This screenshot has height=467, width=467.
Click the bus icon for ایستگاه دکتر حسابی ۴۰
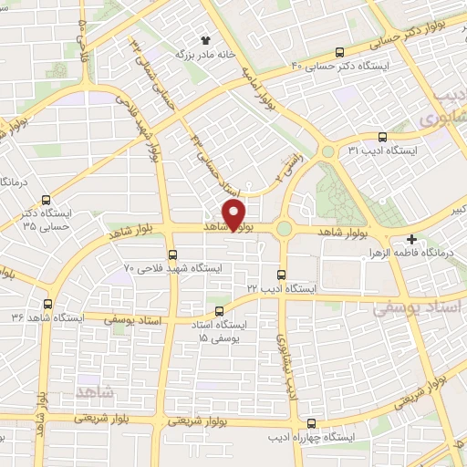[x=340, y=52]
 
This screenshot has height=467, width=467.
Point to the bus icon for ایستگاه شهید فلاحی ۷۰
[x=172, y=254]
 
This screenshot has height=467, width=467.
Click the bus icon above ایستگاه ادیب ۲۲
[x=281, y=274]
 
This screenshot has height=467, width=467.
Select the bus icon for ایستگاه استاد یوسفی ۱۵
[x=243, y=312]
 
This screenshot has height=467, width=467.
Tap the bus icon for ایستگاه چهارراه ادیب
[x=312, y=422]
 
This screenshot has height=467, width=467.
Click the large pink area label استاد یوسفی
[x=419, y=310]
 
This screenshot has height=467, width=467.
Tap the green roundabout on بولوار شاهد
[x=285, y=229]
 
